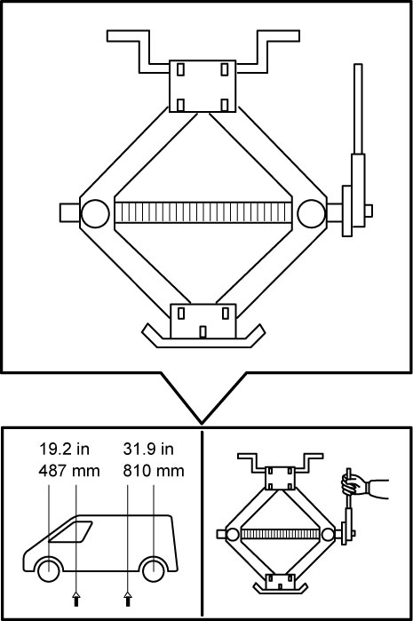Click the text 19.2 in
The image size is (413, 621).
[64, 450]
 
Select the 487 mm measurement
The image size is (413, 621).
[69, 471]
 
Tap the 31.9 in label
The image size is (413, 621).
[148, 450]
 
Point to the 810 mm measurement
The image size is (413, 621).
[154, 471]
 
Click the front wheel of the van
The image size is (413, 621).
[49, 569]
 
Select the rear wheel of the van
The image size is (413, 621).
[154, 569]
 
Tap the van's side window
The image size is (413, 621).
[70, 531]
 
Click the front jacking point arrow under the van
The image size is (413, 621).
[76, 599]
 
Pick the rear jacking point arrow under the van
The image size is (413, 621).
[128, 599]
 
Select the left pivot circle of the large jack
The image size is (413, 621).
[95, 213]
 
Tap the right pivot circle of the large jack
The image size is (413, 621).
[312, 213]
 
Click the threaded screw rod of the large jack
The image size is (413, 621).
[203, 212]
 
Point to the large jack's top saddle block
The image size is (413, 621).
[203, 86]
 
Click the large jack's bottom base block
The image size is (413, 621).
[203, 322]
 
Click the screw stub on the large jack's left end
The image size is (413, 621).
[70, 213]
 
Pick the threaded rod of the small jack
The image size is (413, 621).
[280, 534]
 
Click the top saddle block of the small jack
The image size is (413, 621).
[280, 478]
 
